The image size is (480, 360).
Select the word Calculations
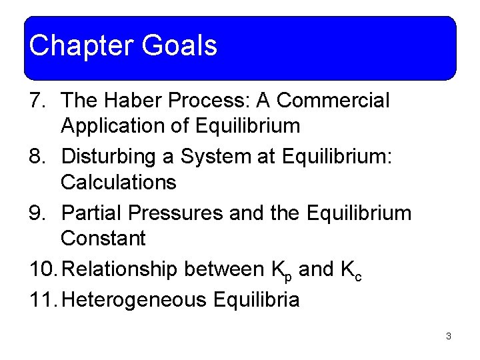(x=118, y=182)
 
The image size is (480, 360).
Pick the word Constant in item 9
(x=103, y=238)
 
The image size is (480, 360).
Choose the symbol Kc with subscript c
(x=351, y=271)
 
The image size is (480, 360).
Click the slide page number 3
(x=449, y=337)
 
